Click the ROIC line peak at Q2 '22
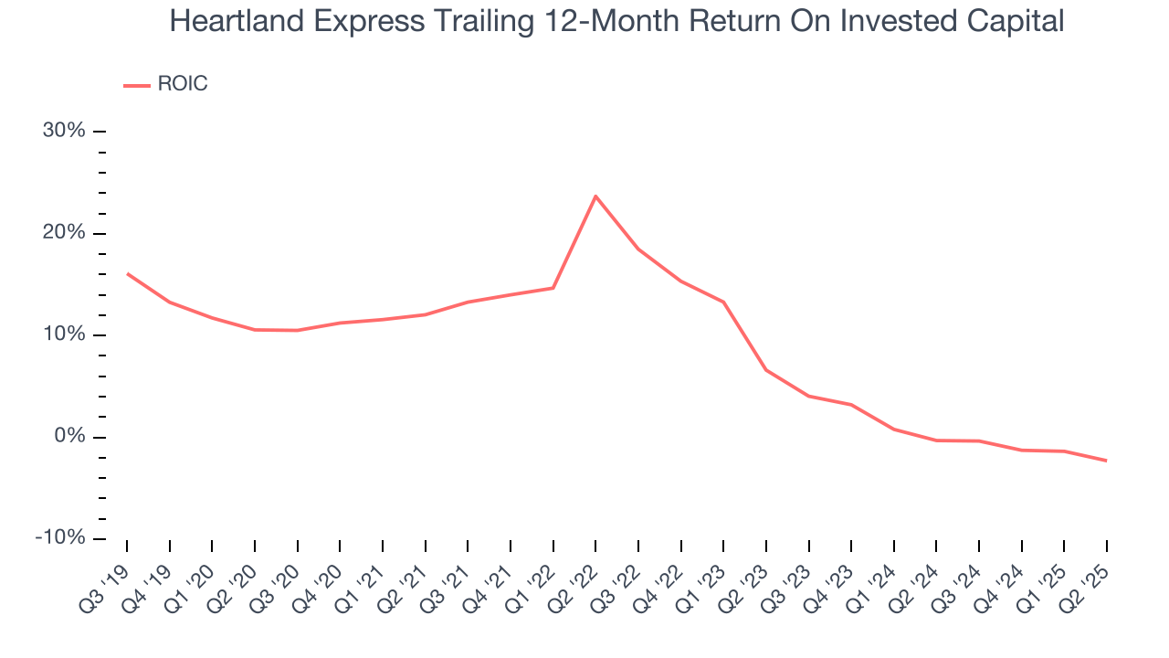tap(595, 196)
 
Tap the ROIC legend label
tap(183, 84)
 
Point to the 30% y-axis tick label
tap(64, 131)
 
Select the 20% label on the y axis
tap(64, 233)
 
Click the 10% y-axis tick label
tap(64, 334)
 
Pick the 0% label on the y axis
tap(69, 437)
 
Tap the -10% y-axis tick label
tap(60, 538)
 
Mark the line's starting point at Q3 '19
tap(127, 273)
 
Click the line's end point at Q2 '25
tap(1106, 461)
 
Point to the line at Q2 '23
tap(765, 370)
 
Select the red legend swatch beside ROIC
tap(136, 85)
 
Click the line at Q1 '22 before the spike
tap(553, 288)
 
